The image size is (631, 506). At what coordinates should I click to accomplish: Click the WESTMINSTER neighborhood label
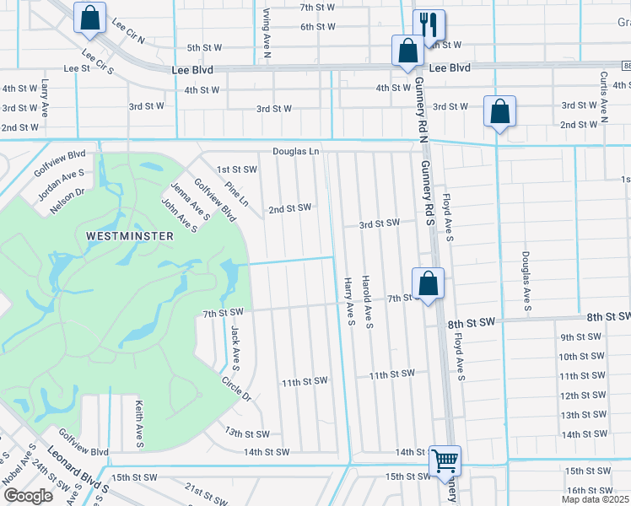[131, 236]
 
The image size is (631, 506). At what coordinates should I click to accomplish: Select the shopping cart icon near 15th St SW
[444, 461]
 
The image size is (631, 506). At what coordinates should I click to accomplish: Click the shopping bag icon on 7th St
[428, 283]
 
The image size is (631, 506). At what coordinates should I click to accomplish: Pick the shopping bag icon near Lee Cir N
[89, 19]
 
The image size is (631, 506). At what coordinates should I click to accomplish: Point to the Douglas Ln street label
[296, 152]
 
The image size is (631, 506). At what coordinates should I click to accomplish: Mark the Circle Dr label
[238, 386]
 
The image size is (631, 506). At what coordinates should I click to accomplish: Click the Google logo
[28, 495]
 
